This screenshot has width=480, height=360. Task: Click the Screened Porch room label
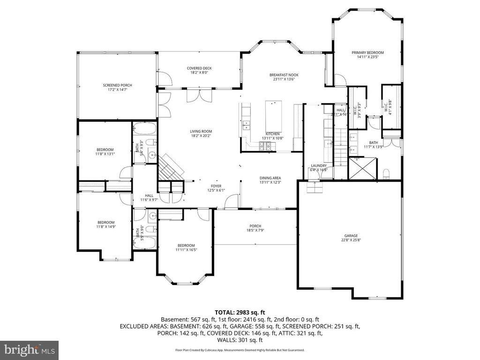coord(117,85)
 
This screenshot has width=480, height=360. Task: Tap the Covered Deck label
coord(199,68)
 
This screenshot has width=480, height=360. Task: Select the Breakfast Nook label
coord(284,75)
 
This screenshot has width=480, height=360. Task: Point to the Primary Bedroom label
coord(367,52)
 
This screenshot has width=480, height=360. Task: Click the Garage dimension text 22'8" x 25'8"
coord(351,240)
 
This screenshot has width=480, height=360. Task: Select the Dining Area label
coord(270,178)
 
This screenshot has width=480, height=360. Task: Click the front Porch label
coord(255,226)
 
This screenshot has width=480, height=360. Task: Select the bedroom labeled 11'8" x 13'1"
coord(105,150)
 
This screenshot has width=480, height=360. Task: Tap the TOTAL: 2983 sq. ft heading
coord(240,312)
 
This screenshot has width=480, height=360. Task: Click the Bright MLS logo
coord(29,349)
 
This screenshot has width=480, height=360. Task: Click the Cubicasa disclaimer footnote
coord(240,350)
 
